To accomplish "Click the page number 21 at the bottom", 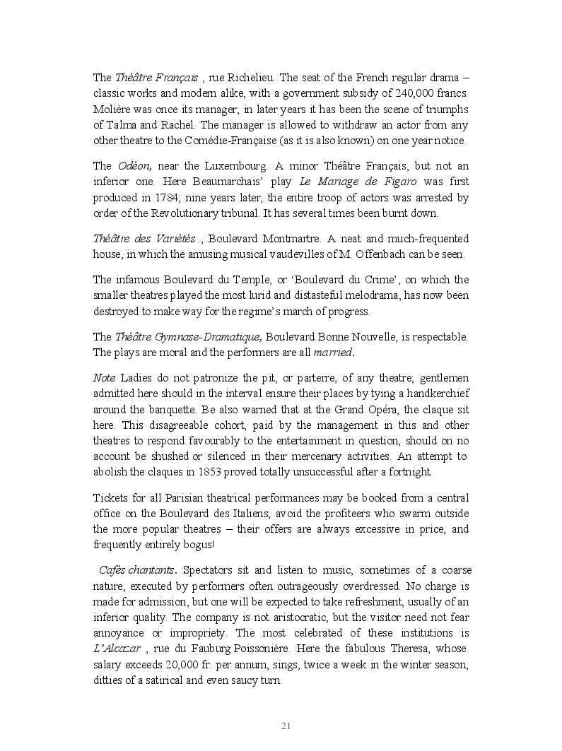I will coord(286,726).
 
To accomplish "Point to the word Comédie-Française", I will coord(243,140).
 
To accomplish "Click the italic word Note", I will coord(105,378).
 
